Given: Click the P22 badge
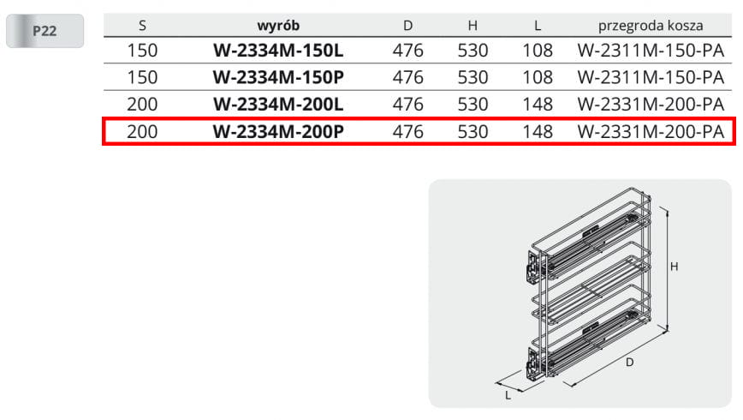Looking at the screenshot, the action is pos(45,31).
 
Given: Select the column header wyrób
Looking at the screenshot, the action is pos(278,25).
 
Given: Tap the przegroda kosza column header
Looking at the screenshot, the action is pos(651,26).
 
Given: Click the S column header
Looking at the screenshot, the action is pos(142,26).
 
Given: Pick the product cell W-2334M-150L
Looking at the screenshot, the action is pos(278,51).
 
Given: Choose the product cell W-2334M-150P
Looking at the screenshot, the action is pos(278,77).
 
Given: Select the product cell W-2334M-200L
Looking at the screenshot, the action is pos(278,105).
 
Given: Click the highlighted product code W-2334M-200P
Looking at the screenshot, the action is pos(278,131).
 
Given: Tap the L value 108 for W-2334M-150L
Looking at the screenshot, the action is pos(538,51).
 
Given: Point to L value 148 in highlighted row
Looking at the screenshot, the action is pos(538,131).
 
